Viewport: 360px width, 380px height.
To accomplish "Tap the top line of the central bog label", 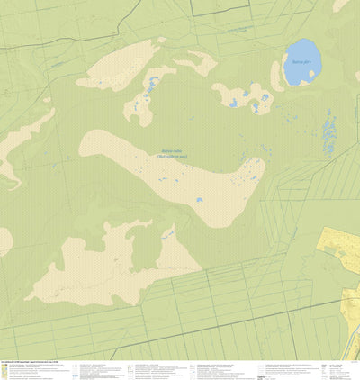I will pyautogui.click(x=171, y=150).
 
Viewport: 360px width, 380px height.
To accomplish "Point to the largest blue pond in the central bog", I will pyautogui.click(x=199, y=200).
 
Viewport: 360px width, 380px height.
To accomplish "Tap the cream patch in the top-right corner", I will pyautogui.click(x=341, y=5).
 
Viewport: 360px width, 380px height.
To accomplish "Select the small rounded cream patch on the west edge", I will pyautogui.click(x=4, y=240).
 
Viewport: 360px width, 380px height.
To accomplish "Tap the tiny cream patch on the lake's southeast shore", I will pyautogui.click(x=312, y=82).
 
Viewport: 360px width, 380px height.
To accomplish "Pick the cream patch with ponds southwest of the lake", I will pyautogui.click(x=243, y=96).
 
